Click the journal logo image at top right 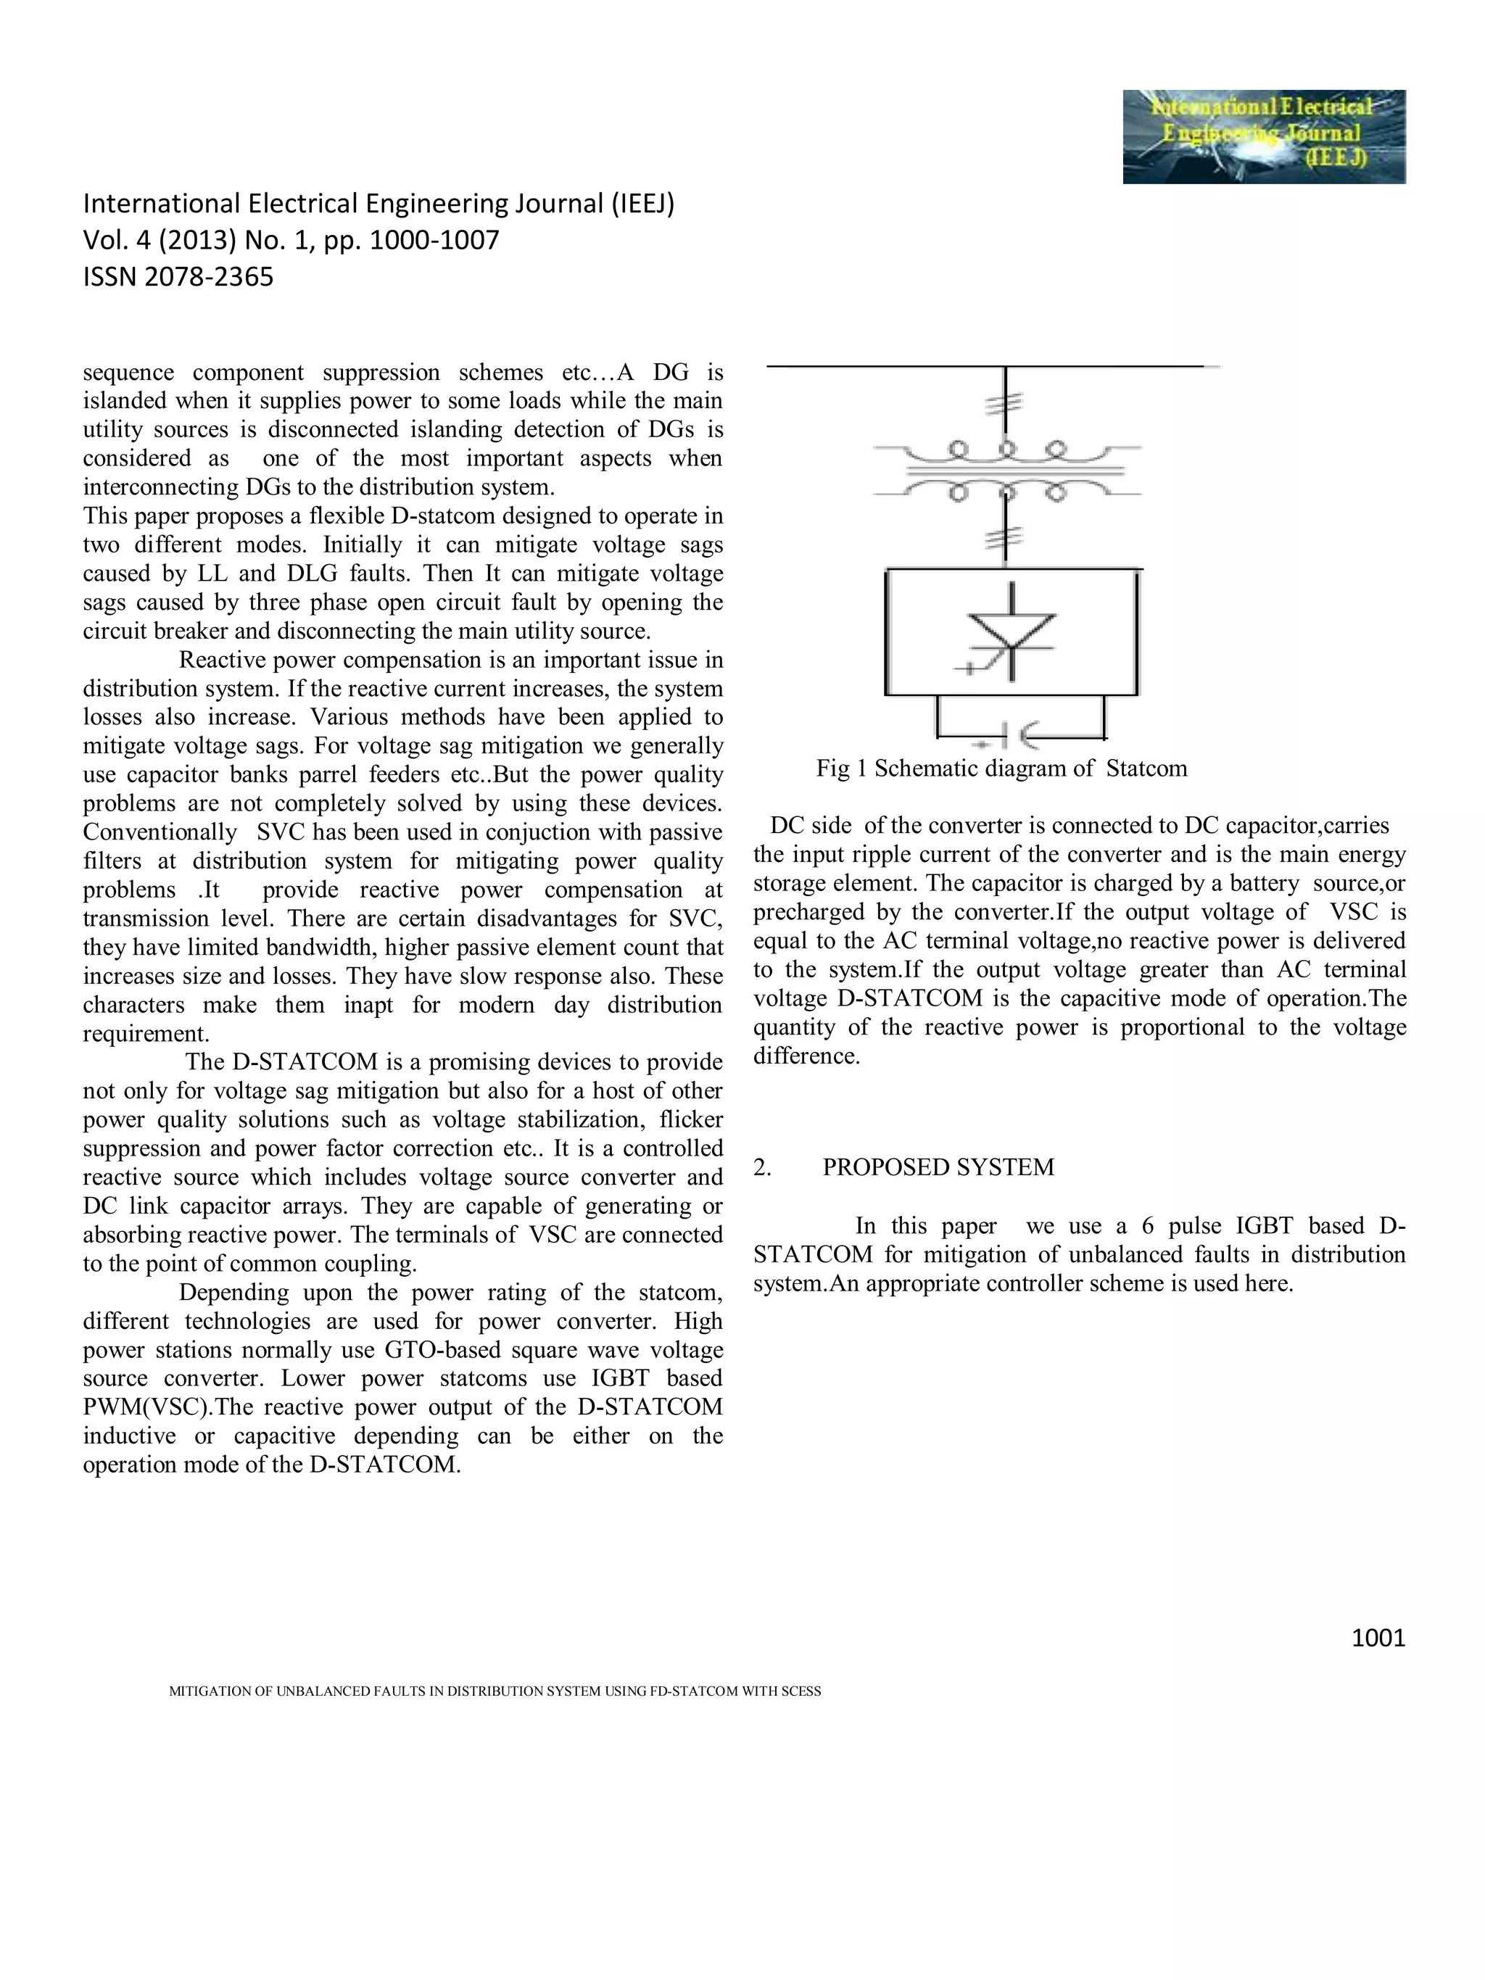(x=1263, y=136)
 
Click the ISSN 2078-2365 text (x=178, y=278)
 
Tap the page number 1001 (x=1378, y=1638)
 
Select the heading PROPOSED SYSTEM (x=938, y=1167)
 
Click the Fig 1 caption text (x=1001, y=768)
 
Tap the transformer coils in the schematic (x=1007, y=469)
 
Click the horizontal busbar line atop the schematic (x=985, y=366)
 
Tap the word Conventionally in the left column (x=160, y=832)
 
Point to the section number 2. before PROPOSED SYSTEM (x=762, y=1167)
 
